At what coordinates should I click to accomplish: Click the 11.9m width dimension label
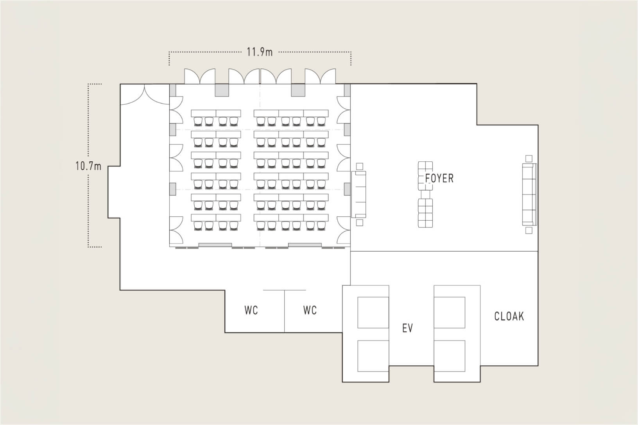(260, 52)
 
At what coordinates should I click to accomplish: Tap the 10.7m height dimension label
(88, 166)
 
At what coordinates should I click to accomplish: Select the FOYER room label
(439, 178)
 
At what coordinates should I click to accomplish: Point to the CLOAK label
(509, 316)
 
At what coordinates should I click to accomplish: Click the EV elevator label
(408, 328)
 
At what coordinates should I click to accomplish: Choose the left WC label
(251, 310)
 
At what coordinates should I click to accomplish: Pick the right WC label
(310, 310)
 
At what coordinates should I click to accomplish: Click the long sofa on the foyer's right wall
(529, 195)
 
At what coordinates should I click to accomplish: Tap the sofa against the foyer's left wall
(358, 195)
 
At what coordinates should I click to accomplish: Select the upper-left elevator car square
(373, 312)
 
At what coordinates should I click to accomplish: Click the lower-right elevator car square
(450, 356)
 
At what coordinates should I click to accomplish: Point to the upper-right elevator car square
(450, 312)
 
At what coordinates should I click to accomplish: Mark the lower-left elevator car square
(373, 356)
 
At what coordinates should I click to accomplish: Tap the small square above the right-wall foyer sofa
(529, 159)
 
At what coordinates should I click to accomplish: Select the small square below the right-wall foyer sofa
(529, 230)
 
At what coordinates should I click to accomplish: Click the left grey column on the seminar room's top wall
(222, 90)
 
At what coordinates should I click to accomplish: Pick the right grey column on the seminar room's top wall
(298, 90)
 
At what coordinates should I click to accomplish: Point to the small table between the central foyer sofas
(425, 195)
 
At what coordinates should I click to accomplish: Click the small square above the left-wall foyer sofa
(360, 166)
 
